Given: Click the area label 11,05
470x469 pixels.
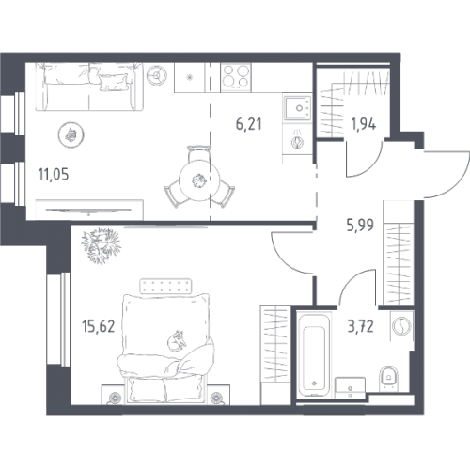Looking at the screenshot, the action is tap(54, 175).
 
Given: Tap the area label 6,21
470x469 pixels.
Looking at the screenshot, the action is tap(249, 124).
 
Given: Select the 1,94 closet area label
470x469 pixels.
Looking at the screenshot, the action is tap(364, 124).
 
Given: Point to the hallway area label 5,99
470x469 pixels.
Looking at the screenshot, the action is tap(360, 225).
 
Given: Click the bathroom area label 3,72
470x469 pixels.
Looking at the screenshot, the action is tap(361, 326).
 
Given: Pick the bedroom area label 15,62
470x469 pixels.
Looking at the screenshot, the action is tap(99, 326).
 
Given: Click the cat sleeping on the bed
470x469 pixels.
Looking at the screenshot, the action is tap(177, 340).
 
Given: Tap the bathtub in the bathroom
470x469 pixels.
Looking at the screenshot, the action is tap(314, 354).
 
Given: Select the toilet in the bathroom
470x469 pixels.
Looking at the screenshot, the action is tap(388, 378).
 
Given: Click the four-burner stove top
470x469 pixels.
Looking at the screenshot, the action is tap(236, 77).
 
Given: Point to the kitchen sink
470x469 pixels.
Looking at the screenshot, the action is tap(297, 108).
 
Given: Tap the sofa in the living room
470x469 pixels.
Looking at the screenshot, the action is tap(89, 86).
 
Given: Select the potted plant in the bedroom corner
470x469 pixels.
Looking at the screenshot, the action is tap(101, 246).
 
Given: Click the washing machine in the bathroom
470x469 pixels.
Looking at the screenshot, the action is tap(401, 325).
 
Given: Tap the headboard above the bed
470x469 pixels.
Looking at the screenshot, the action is tap(165, 286).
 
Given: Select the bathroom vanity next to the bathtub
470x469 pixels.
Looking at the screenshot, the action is tap(350, 388).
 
